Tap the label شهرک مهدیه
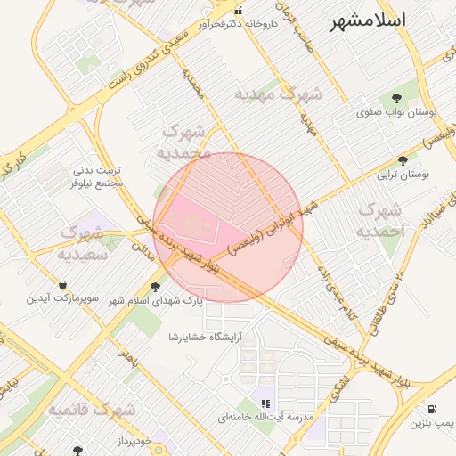point(279,93)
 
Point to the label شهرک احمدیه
point(380,219)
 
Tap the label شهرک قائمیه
point(93,409)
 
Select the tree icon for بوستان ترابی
point(403,160)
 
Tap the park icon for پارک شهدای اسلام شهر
point(157,287)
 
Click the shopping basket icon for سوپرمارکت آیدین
point(62,284)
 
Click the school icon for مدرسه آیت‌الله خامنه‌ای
point(265,403)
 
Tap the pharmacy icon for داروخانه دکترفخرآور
point(238,11)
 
